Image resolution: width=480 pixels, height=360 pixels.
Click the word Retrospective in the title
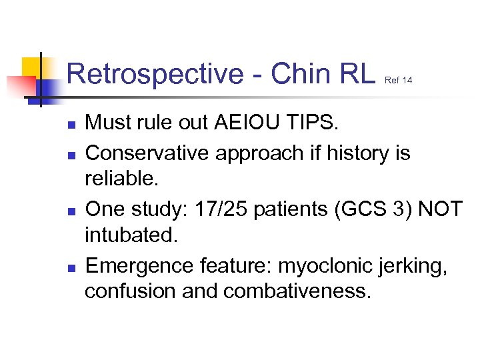(156, 74)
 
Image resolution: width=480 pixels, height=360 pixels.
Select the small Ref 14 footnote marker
(399, 81)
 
